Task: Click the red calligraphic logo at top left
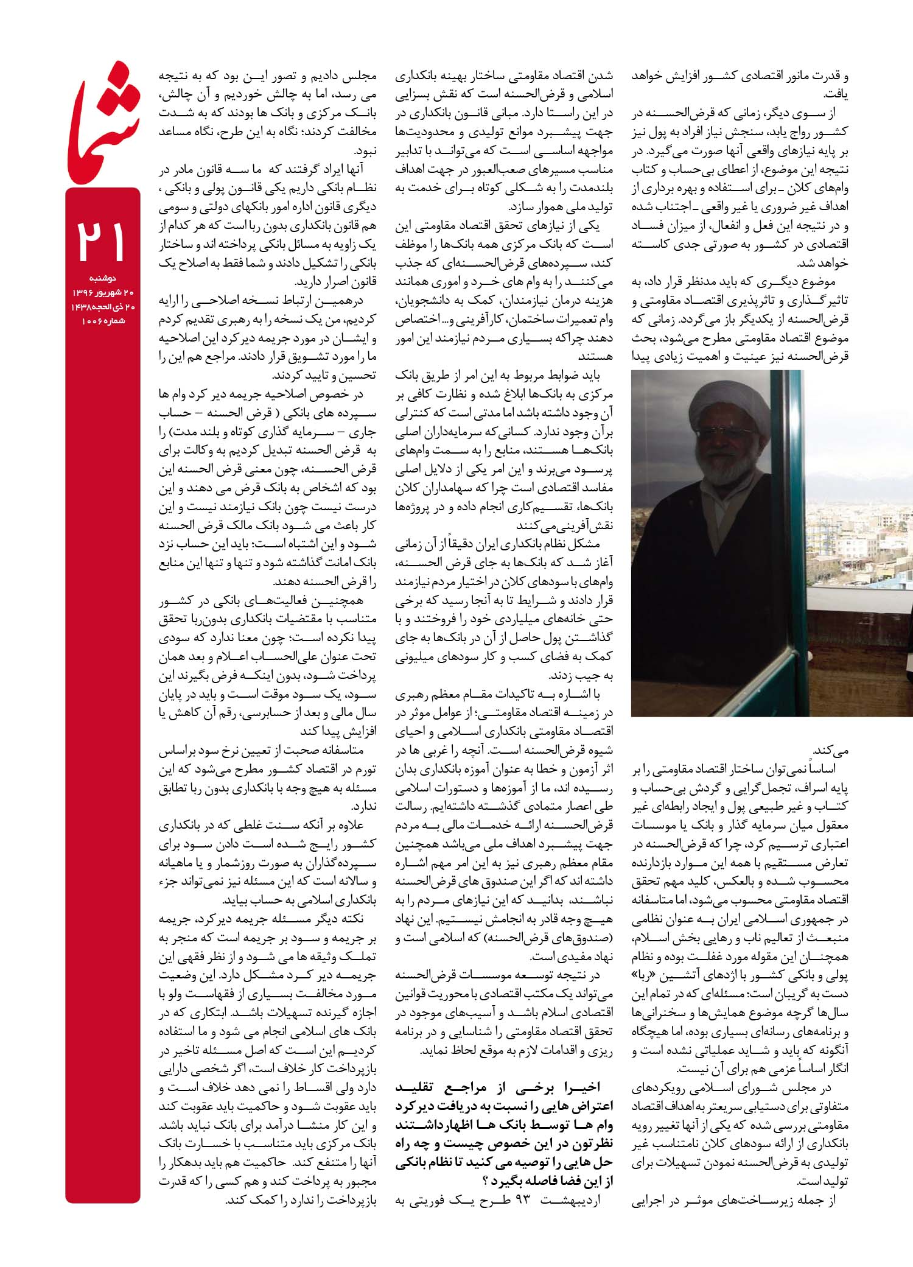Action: coord(103,122)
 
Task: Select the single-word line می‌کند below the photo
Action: coord(831,749)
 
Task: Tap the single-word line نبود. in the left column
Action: coord(365,150)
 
